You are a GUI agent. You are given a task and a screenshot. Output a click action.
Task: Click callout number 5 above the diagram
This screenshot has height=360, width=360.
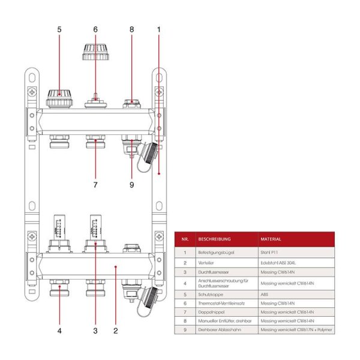[59, 29]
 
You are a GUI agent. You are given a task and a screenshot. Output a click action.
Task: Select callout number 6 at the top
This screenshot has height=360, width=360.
[95, 29]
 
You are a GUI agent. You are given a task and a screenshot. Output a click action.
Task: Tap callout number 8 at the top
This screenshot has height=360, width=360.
[131, 29]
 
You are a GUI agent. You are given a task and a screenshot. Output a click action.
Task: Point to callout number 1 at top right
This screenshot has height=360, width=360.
[159, 29]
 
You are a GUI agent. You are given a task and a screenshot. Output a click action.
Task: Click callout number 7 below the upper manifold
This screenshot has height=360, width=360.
[95, 185]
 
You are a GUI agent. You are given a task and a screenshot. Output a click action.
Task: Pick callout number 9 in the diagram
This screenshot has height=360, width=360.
[131, 185]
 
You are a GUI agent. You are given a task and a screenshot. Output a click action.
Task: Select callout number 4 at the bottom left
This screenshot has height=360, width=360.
[59, 329]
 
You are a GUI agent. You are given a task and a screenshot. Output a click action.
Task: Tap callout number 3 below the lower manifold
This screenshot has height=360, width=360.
[95, 329]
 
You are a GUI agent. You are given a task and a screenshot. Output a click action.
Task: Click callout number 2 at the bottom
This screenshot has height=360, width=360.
[116, 329]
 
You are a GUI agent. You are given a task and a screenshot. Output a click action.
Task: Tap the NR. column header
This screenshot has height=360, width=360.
[185, 239]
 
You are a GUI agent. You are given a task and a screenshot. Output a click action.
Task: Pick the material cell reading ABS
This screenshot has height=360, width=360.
[265, 295]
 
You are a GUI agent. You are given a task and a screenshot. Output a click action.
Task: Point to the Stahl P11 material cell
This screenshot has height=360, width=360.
[269, 253]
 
